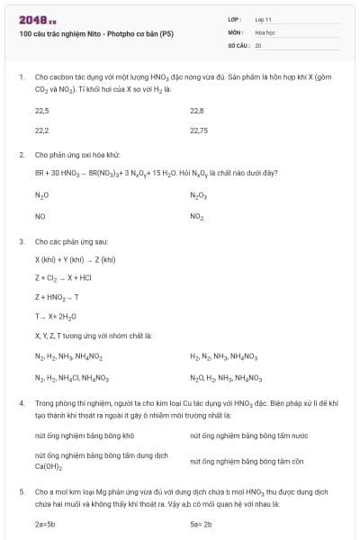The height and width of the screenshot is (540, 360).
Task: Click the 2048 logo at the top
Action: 38,18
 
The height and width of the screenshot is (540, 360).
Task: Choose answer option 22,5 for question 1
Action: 42,111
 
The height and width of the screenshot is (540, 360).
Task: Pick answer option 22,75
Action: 200,130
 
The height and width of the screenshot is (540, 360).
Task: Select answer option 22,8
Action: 197,111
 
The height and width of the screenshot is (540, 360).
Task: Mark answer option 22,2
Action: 42,130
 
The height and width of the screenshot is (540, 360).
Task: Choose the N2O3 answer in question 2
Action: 199,195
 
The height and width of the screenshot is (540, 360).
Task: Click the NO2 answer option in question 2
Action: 197,217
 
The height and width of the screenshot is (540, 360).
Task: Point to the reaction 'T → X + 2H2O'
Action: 56,316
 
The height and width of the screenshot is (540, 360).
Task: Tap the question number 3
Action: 21,242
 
